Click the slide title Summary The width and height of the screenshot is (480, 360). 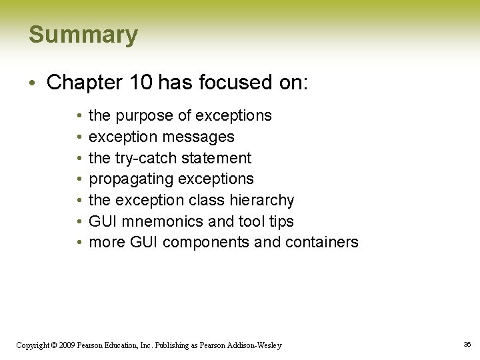(x=83, y=35)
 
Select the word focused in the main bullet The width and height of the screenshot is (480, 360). (x=239, y=83)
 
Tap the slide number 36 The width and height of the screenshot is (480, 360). (x=467, y=344)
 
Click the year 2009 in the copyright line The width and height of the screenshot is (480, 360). (x=66, y=345)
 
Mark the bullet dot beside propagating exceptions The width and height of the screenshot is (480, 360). (x=79, y=179)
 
